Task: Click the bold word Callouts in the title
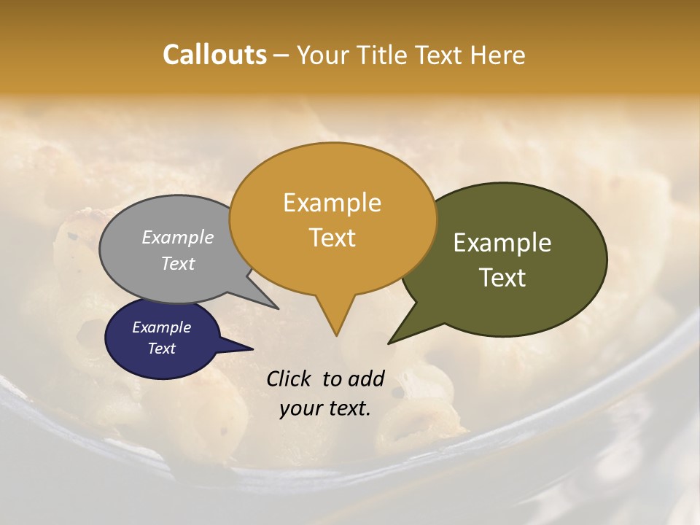pyautogui.click(x=214, y=55)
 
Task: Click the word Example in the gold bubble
pyautogui.click(x=332, y=203)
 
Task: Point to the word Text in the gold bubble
pyautogui.click(x=332, y=238)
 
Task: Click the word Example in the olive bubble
pyautogui.click(x=502, y=243)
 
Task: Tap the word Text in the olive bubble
pyautogui.click(x=502, y=278)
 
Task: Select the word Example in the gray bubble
pyautogui.click(x=178, y=237)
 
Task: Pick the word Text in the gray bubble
pyautogui.click(x=178, y=264)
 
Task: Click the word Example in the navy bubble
pyautogui.click(x=161, y=327)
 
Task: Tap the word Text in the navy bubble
pyautogui.click(x=161, y=349)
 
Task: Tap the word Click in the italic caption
pyautogui.click(x=290, y=378)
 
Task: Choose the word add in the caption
pyautogui.click(x=366, y=378)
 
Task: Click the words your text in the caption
pyautogui.click(x=325, y=408)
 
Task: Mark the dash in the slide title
pyautogui.click(x=281, y=55)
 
